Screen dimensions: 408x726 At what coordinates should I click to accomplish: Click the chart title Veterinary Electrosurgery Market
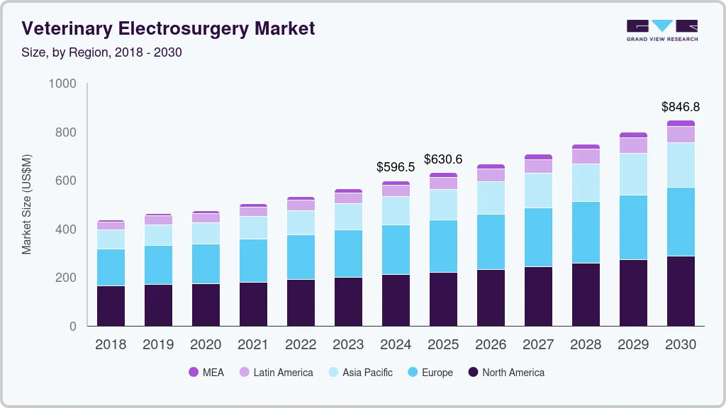(168, 28)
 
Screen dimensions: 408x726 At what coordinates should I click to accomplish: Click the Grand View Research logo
(661, 30)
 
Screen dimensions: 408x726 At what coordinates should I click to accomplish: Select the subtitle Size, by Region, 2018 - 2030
(101, 52)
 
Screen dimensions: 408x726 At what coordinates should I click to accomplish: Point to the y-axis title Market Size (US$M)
(26, 204)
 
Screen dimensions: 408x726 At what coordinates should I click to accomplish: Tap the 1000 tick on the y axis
(62, 84)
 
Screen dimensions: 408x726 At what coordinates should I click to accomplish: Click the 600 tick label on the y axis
(66, 181)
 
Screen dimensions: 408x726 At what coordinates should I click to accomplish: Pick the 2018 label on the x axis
(111, 345)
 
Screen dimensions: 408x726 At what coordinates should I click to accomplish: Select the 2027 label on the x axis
(538, 345)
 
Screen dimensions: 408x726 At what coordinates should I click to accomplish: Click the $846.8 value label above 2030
(680, 107)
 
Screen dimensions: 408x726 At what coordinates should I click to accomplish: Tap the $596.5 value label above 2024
(396, 168)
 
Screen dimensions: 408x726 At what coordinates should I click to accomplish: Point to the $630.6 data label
(443, 159)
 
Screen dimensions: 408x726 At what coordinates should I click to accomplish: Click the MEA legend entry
(206, 373)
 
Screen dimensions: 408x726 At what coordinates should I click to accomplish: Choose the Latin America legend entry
(275, 373)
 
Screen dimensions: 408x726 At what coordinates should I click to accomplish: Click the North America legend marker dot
(473, 373)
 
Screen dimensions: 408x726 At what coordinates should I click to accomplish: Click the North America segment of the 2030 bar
(681, 290)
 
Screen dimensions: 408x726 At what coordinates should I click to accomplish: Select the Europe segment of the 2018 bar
(111, 267)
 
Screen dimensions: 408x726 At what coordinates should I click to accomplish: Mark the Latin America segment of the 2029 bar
(633, 145)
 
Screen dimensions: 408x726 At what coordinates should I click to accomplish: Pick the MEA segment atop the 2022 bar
(301, 198)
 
